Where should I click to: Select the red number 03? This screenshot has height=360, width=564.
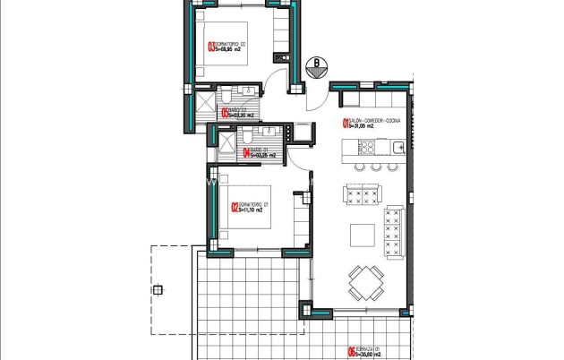[210, 48]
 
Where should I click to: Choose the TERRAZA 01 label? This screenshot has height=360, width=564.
[371, 349]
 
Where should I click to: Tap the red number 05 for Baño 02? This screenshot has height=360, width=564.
[224, 114]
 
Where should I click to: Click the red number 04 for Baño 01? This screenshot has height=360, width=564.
[246, 153]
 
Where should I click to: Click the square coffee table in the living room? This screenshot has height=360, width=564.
[363, 235]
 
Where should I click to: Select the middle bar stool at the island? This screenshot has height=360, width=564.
[376, 167]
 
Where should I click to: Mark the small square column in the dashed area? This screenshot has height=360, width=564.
[158, 289]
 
